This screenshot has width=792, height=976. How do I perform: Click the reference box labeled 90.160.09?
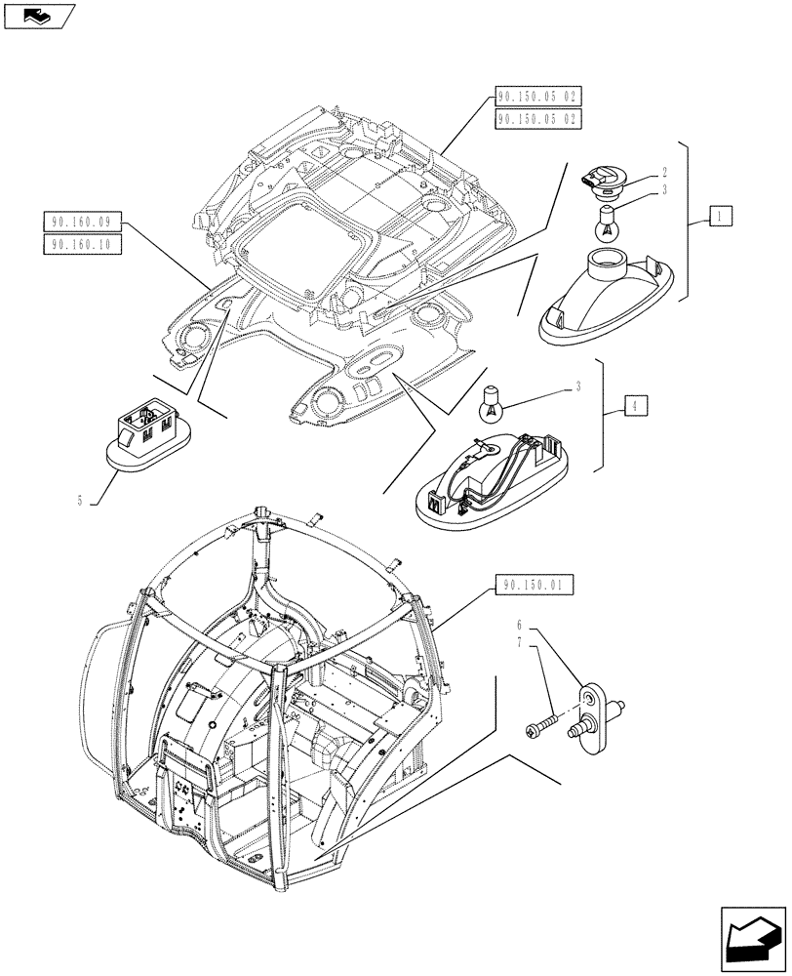(x=82, y=222)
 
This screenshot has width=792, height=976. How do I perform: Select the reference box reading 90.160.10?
(x=82, y=245)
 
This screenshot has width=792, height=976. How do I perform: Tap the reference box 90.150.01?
(x=534, y=586)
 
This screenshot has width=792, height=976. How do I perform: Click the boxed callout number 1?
(x=719, y=216)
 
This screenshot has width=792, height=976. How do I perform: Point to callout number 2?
(x=663, y=171)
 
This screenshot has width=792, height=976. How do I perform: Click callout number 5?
(x=77, y=501)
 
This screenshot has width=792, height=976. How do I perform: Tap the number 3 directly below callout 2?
(x=663, y=189)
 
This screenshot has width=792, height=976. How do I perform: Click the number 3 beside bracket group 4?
(x=577, y=387)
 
